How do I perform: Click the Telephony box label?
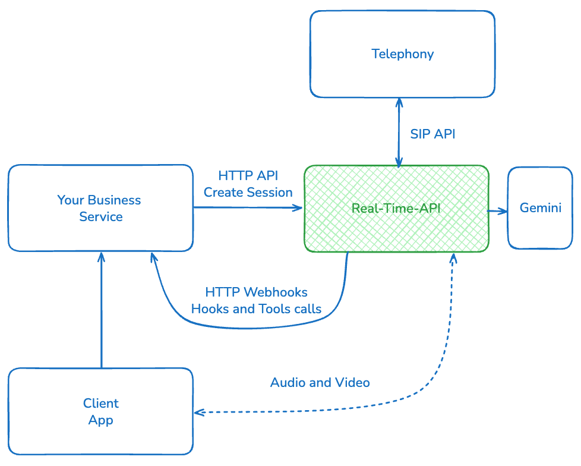402,54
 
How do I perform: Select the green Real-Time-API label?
396,209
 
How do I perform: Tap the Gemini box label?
541,208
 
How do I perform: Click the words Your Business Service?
100,208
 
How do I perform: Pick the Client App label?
101,411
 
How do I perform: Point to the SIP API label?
432,134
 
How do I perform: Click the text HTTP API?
248,176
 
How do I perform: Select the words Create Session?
248,193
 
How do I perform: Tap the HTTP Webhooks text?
256,292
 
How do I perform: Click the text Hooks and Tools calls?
256,309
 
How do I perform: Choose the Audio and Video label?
320,382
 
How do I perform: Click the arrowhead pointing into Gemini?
503,211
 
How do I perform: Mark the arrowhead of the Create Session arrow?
299,207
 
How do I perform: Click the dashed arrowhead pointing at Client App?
198,412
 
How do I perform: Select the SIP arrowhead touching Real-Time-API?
399,162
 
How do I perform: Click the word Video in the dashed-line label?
353,382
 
